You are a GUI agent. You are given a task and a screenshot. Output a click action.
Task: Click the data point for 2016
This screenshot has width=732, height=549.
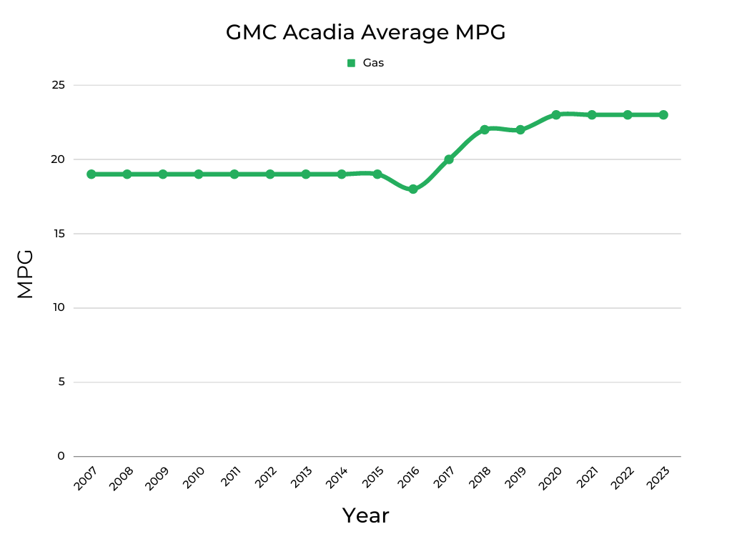click(413, 189)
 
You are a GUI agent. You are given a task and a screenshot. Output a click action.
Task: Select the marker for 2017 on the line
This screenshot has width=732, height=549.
click(449, 159)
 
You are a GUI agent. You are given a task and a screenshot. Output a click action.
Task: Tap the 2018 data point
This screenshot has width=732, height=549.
click(485, 129)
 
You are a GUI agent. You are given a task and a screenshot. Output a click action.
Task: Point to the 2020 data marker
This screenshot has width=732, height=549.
click(556, 114)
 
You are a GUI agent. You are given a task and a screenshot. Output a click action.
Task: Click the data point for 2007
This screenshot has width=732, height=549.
click(91, 174)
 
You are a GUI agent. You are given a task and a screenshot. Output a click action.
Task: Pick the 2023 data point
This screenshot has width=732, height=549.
click(663, 114)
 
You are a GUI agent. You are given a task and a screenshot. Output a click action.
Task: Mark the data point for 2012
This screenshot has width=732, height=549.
click(270, 174)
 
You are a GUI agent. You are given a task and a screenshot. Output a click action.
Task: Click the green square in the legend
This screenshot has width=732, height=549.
click(351, 63)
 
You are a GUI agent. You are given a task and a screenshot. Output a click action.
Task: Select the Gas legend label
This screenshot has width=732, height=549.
click(373, 63)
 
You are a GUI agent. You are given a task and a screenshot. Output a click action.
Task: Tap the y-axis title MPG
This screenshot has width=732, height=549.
click(26, 274)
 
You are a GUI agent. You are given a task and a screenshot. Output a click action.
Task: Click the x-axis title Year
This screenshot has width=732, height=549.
click(365, 515)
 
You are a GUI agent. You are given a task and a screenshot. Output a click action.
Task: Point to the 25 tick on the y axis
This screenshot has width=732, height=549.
click(59, 85)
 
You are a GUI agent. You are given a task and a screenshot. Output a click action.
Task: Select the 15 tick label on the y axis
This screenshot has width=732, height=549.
click(59, 234)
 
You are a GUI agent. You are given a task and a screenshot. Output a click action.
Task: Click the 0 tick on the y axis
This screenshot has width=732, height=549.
click(61, 456)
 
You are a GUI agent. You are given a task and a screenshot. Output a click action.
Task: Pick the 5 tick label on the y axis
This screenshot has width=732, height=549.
click(61, 382)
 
